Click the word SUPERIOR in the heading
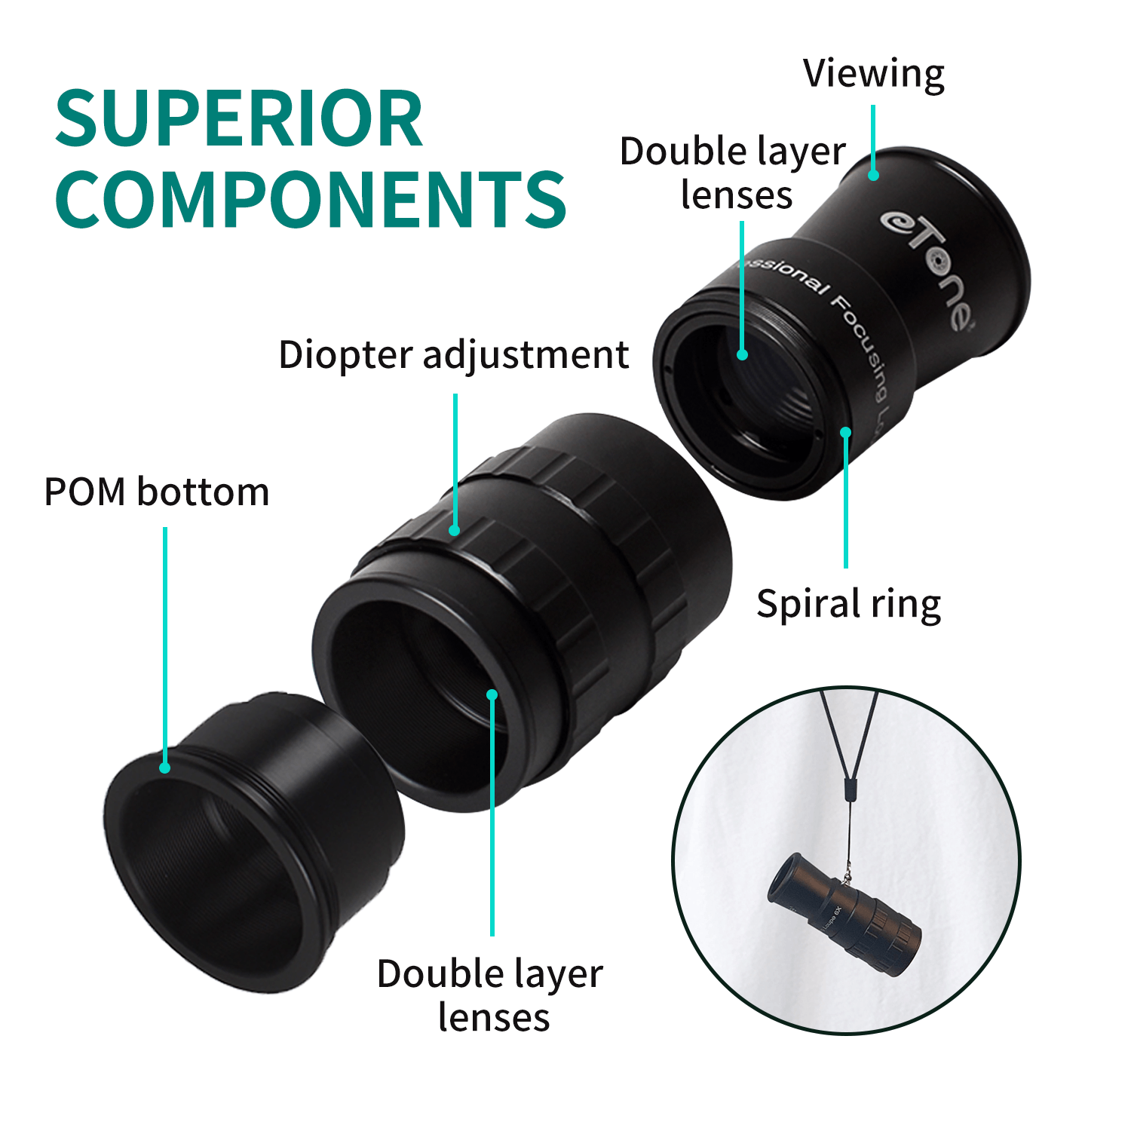pos(238,119)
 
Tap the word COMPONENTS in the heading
pos(310,199)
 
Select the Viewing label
pos(873,74)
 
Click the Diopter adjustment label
pos(453,354)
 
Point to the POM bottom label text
pos(157,492)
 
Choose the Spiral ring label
pos(849,605)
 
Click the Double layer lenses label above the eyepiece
pos(733,173)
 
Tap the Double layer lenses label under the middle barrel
pos(491,995)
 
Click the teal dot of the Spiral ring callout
pos(846,432)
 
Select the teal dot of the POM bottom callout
pos(164,768)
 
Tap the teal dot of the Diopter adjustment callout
pos(455,531)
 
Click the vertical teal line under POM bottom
pos(164,641)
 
